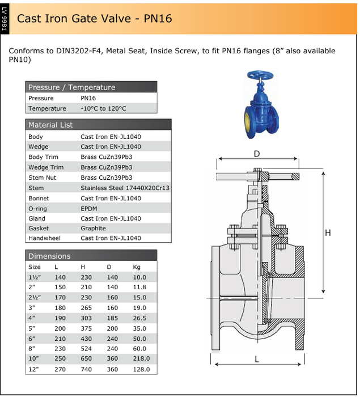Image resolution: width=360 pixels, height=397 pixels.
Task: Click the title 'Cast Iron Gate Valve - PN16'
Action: point(94,18)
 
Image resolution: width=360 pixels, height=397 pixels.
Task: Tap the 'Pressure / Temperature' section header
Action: point(71,87)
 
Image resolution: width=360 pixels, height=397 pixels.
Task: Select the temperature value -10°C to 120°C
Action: point(103,108)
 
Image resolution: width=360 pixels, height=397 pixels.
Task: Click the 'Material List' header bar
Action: point(50,125)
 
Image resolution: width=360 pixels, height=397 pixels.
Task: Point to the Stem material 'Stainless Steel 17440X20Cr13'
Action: point(125,188)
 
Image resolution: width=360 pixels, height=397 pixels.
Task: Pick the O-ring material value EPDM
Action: point(90,208)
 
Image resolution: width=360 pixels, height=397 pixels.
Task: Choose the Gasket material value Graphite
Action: point(93,229)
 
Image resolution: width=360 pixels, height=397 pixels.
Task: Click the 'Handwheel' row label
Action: point(44,238)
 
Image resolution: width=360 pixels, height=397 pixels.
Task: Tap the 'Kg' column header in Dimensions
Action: point(137,267)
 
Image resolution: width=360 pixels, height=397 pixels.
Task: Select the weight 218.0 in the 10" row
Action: point(141,358)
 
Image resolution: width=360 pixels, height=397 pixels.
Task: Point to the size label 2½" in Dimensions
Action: point(35,297)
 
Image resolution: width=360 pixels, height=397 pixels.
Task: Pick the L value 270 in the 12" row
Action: point(60,369)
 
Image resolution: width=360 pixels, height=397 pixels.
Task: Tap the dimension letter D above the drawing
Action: point(257,154)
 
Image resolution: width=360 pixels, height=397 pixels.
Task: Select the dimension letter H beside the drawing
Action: point(327,233)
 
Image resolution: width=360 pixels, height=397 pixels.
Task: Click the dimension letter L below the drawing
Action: point(256,358)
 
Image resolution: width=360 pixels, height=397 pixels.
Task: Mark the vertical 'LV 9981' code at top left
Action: point(5,18)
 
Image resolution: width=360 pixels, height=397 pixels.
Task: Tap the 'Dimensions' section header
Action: point(49,256)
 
